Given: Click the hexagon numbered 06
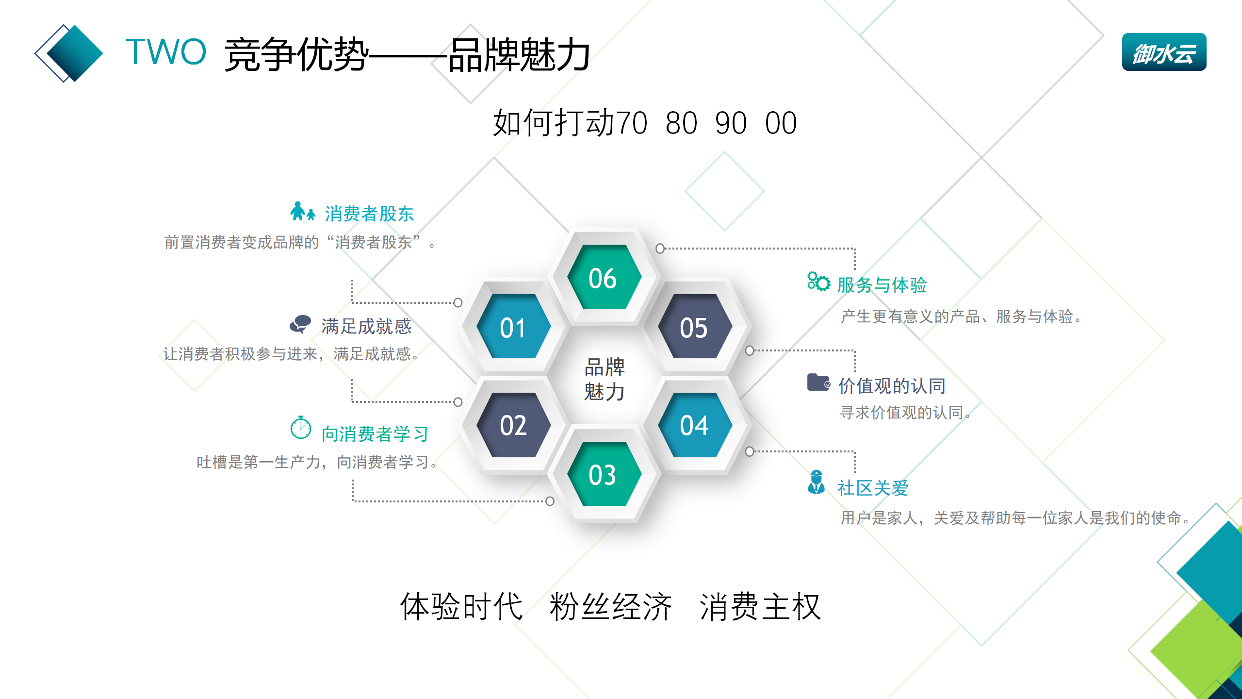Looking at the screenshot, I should tap(604, 278).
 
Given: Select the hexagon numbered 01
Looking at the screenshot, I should tap(513, 327).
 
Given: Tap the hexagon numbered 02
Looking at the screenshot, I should tap(513, 425).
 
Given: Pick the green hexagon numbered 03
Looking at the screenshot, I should tap(604, 474).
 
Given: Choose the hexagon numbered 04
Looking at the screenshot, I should tap(694, 425).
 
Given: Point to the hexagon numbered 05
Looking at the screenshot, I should tap(694, 327).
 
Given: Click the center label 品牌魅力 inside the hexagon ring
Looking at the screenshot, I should tap(605, 379).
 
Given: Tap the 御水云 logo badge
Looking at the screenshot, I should tap(1163, 52).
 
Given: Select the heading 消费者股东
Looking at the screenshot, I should tap(369, 214).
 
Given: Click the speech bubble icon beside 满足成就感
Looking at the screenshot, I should tap(300, 324).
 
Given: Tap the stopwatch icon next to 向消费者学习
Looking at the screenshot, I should tap(301, 428).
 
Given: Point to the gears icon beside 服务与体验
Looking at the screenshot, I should tap(818, 282).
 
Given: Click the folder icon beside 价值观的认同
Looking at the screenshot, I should tap(818, 382).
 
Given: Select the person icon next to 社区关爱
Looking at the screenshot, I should tap(817, 482).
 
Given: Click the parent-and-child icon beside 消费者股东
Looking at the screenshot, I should tap(302, 212).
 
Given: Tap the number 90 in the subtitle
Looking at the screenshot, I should tap(731, 123).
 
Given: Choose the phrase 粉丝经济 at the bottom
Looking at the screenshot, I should tap(610, 607).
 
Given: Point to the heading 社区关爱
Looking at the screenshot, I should tap(873, 488).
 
